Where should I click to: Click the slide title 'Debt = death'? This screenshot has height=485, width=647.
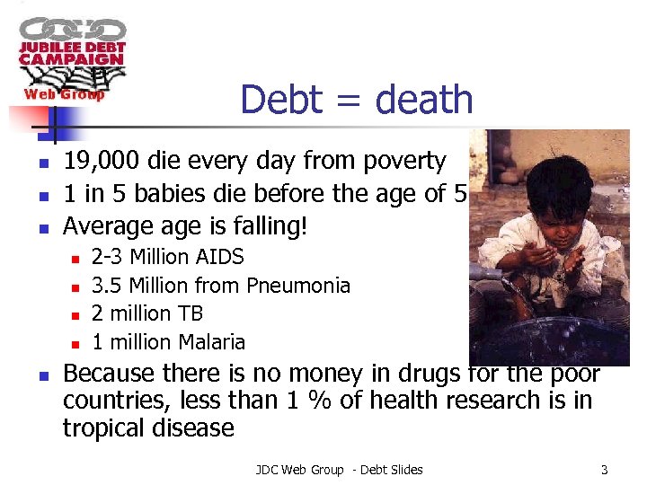click(357, 99)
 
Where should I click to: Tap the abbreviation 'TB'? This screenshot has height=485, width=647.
click(191, 313)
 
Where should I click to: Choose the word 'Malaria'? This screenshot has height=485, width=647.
click(212, 342)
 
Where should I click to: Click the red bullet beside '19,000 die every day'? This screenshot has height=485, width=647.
click(41, 163)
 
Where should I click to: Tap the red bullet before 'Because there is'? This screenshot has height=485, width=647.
click(41, 375)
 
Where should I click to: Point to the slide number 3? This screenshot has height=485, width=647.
click(605, 470)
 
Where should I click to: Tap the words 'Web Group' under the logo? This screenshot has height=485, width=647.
click(64, 93)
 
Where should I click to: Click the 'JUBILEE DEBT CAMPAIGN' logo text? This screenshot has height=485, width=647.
click(73, 53)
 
